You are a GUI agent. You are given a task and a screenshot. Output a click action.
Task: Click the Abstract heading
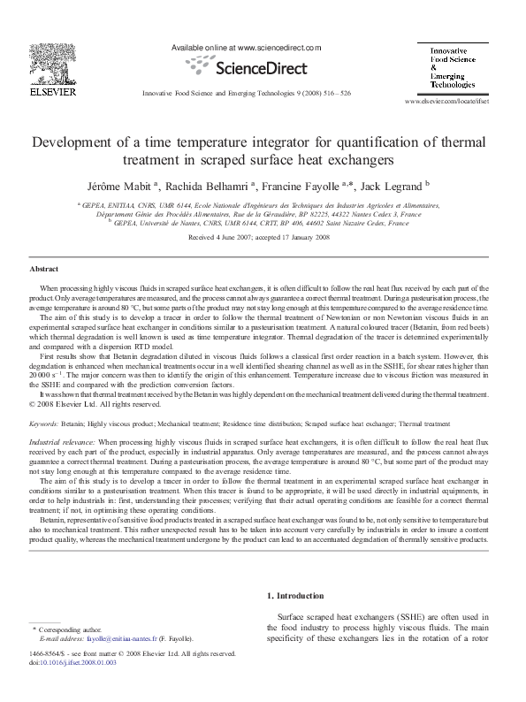coord(44,268)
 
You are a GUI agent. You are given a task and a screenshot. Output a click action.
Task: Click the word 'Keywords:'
coord(44,424)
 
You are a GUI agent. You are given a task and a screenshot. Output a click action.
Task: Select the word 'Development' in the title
coord(76,141)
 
